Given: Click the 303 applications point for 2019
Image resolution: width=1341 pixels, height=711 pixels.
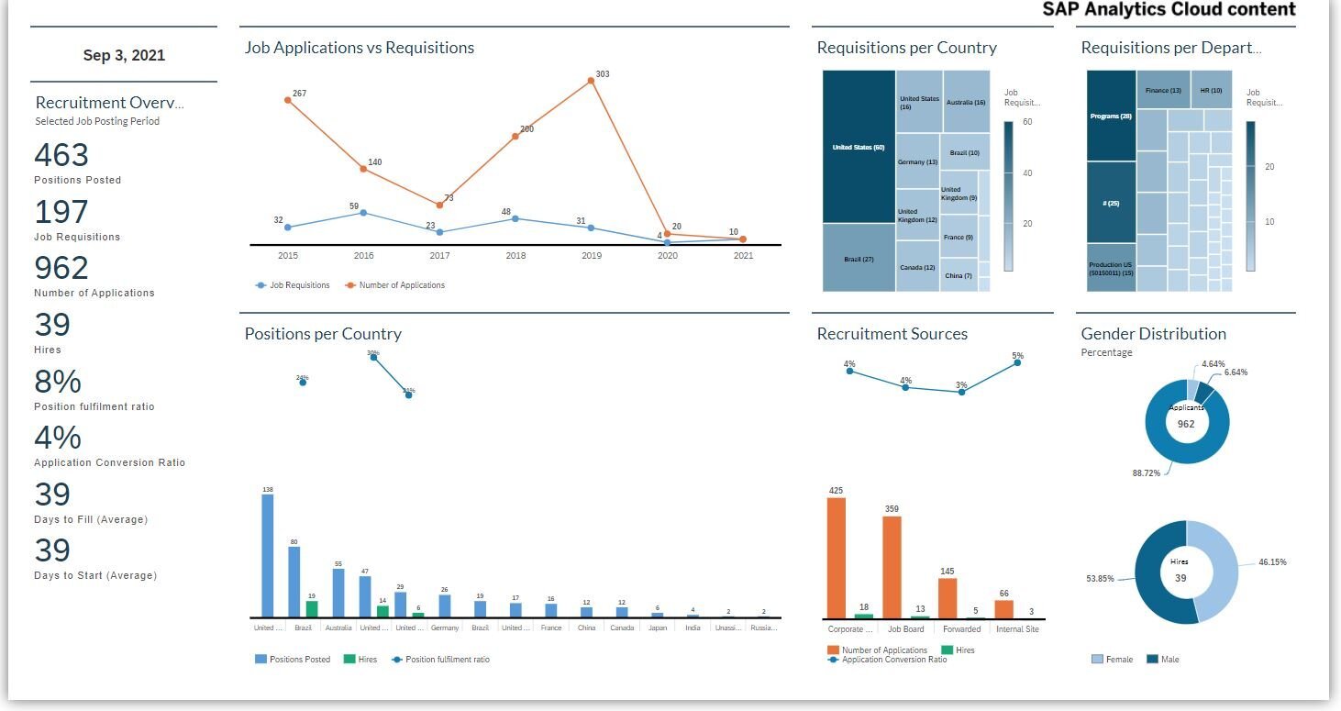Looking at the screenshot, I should [591, 81].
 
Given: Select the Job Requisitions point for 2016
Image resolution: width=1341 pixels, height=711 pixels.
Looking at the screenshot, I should [363, 212].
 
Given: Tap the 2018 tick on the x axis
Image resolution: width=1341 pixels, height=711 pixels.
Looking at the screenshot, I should [515, 256].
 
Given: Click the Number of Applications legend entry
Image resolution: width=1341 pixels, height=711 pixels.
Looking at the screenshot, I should [401, 285].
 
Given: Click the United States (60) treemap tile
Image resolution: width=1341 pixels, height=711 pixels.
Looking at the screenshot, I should [858, 147].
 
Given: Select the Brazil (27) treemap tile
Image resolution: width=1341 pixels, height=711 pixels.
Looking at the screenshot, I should [859, 259].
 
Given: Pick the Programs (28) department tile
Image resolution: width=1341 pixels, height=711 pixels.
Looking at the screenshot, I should [1111, 117].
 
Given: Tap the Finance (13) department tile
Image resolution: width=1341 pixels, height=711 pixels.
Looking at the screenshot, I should [1164, 91].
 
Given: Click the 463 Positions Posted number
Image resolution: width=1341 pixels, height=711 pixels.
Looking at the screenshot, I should [61, 155].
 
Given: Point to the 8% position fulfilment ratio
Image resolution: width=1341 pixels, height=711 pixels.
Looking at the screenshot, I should [58, 382].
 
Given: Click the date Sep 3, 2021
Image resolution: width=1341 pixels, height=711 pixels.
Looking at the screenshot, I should [124, 56].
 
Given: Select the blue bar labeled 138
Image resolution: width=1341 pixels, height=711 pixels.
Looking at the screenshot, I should [268, 556].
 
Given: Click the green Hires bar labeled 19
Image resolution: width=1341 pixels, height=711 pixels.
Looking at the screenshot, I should [312, 608].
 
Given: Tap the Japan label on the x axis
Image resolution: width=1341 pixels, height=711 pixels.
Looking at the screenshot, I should [658, 628].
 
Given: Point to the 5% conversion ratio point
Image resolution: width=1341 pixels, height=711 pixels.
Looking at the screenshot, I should [1017, 362].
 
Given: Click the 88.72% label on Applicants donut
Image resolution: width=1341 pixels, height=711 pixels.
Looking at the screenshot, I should [1146, 473].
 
